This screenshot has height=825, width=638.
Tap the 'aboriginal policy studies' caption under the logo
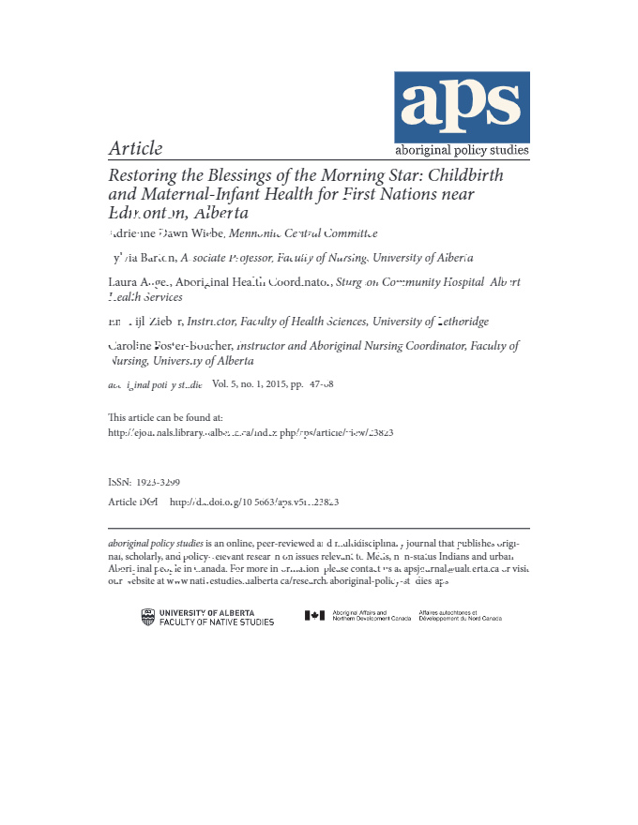462,150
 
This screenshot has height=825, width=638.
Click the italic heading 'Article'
136,148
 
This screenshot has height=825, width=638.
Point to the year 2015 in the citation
273,384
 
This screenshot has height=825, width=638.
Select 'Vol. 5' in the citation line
226,384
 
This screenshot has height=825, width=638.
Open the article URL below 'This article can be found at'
251,433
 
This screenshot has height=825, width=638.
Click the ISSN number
159,482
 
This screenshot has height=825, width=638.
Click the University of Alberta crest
148,617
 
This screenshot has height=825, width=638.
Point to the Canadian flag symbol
314,616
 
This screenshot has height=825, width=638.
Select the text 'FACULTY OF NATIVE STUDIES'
217,622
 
